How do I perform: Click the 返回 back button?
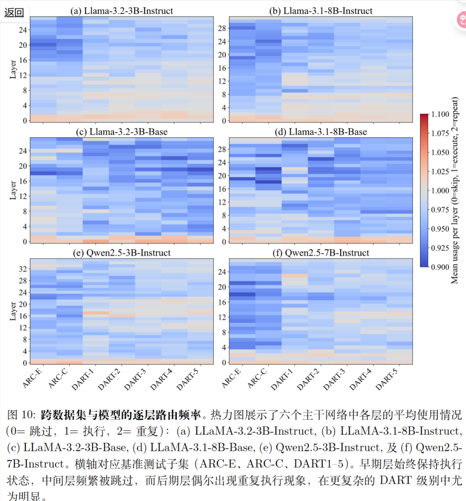coord(14,13)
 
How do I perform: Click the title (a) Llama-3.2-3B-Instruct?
coord(122,11)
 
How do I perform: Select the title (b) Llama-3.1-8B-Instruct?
coord(321,11)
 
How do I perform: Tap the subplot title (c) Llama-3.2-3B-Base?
coord(122,132)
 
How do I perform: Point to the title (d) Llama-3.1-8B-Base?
coord(321,132)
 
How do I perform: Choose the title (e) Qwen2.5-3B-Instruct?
coord(122,253)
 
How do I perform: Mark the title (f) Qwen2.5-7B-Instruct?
coord(321,253)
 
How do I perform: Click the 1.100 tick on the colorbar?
coord(440,114)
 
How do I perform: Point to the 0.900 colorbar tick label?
coord(440,267)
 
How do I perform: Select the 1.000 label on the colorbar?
coord(440,191)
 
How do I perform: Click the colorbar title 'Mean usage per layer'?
coord(455,190)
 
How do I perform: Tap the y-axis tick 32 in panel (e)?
coord(23,269)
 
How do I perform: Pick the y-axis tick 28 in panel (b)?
coord(222,28)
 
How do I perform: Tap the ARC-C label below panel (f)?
coord(257,378)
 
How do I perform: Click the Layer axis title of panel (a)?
coord(13,69)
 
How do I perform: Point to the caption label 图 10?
coord(21,415)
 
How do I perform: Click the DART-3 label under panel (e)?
coord(135,379)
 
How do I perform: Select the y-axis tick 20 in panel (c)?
coord(23,166)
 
